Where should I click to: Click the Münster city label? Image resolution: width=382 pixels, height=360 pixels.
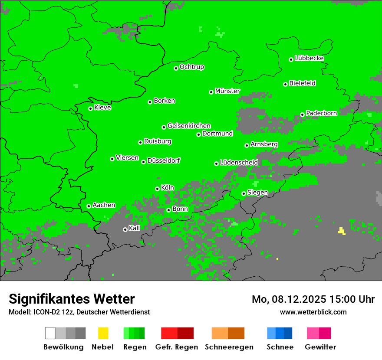pos(227,91)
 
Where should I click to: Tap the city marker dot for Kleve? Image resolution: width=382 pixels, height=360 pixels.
pos(90,108)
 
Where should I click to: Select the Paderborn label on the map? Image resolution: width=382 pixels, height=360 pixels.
pos(321,113)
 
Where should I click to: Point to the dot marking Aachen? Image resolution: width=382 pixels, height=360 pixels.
pos(89,206)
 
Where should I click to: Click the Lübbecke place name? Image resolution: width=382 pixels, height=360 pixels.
pos(309,58)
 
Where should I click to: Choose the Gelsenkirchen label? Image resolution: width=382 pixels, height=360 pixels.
pos(189,126)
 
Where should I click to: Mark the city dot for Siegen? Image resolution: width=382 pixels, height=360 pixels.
pos(244,193)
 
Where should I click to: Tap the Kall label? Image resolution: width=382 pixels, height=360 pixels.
pos(134,228)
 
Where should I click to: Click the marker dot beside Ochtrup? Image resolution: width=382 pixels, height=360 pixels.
pos(176,68)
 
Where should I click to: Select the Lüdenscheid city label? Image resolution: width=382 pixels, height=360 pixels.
pos(239,162)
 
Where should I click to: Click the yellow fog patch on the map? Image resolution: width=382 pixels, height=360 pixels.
pos(342,231)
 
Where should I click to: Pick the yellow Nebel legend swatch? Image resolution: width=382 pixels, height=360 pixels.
pos(103,333)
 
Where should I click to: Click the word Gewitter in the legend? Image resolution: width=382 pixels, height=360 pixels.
pos(320,347)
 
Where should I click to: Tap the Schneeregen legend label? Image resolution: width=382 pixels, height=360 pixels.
pos(229,347)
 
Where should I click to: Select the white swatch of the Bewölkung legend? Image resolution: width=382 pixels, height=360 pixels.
pos(50,333)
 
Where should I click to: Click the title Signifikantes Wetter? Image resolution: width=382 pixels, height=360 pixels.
pos(72,299)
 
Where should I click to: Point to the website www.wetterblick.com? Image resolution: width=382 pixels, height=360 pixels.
pos(313,312)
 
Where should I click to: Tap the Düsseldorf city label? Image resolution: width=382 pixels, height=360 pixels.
pos(163,160)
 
